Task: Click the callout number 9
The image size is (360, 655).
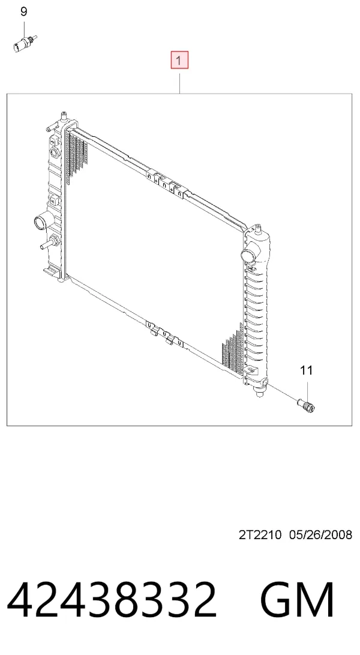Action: pyautogui.click(x=24, y=11)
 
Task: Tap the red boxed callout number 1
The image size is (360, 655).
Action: pyautogui.click(x=179, y=60)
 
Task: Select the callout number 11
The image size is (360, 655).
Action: pyautogui.click(x=307, y=370)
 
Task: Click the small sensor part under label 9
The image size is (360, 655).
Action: pyautogui.click(x=25, y=43)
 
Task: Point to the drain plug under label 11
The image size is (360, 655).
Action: pyautogui.click(x=306, y=406)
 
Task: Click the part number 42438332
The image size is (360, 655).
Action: pyautogui.click(x=112, y=600)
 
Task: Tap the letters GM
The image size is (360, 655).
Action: pyautogui.click(x=297, y=600)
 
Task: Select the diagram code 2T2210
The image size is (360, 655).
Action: pyautogui.click(x=260, y=534)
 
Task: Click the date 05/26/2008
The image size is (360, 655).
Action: pyautogui.click(x=321, y=534)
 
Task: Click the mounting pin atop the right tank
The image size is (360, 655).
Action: pyautogui.click(x=257, y=228)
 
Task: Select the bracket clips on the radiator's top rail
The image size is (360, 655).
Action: pyautogui.click(x=167, y=183)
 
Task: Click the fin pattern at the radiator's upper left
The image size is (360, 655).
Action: pyautogui.click(x=76, y=157)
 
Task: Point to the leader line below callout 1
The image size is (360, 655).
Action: pyautogui.click(x=179, y=83)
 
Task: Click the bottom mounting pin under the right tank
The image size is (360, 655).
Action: pyautogui.click(x=260, y=392)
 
